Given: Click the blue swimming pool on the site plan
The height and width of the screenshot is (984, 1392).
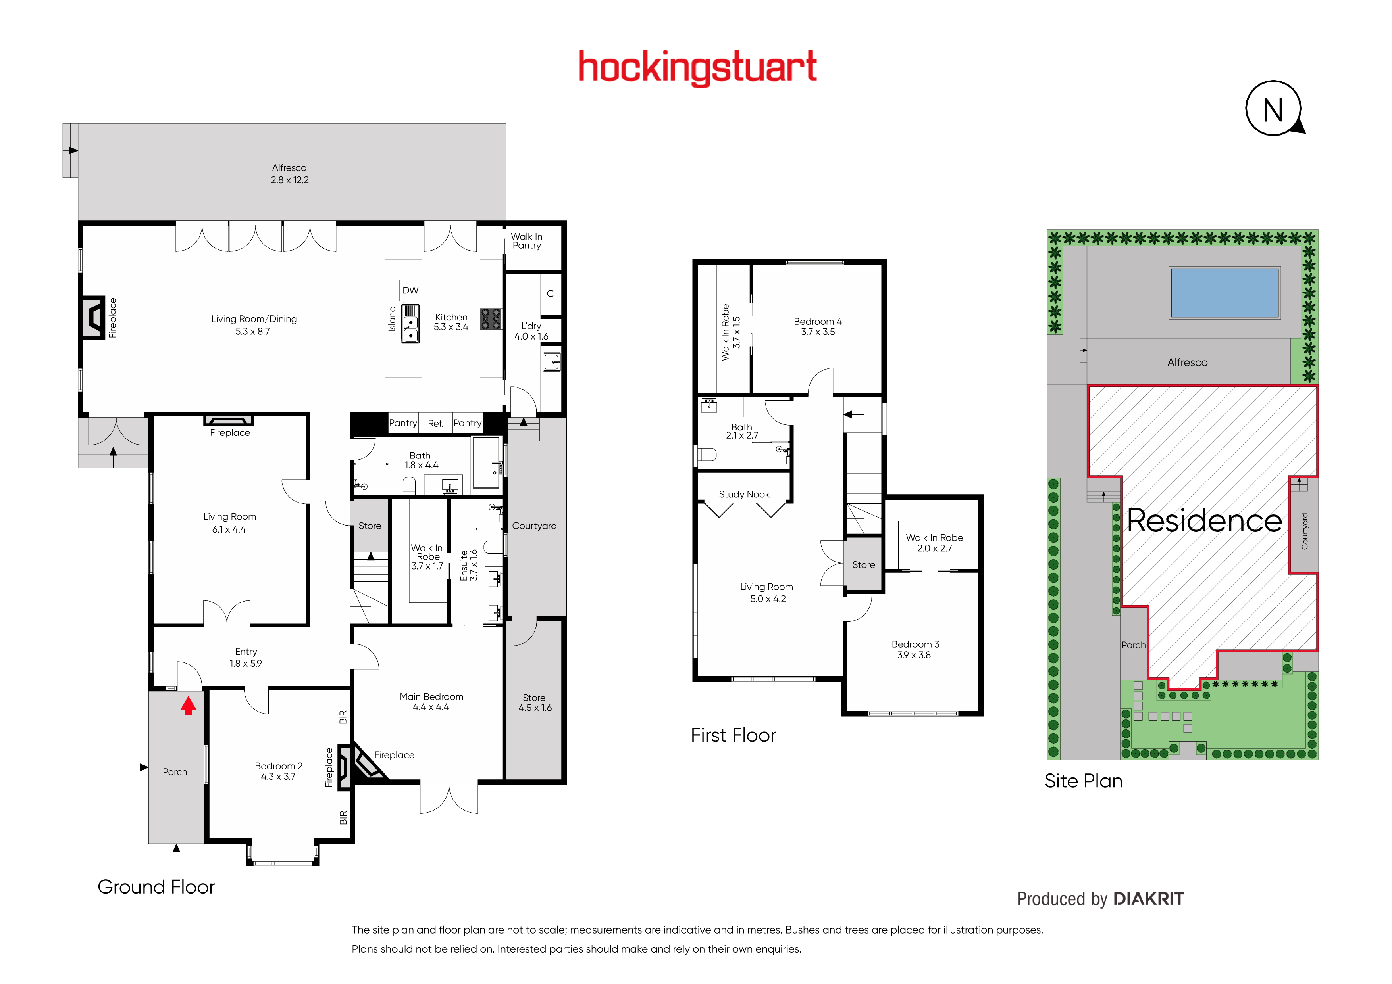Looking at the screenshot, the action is coord(1224,293).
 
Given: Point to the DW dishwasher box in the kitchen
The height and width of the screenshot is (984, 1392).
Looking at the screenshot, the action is coord(410,290).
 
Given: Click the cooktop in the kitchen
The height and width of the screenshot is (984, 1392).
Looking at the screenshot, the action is coord(491,319).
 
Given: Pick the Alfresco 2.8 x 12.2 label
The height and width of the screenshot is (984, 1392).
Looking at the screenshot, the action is coord(290,174).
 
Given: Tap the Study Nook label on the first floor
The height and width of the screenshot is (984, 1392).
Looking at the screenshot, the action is coord(744,495).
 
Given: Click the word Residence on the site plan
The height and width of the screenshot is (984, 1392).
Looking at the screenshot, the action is coord(1204,521).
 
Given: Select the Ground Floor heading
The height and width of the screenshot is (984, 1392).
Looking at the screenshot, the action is coord(156,887).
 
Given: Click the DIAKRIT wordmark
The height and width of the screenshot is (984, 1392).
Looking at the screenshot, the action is coord(1148,899).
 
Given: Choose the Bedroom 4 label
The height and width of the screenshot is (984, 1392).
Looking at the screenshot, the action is coord(818,326).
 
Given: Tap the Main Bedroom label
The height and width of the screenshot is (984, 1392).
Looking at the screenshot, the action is coord(431,702).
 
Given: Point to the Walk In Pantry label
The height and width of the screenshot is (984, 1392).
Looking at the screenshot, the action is coord(526,241).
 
